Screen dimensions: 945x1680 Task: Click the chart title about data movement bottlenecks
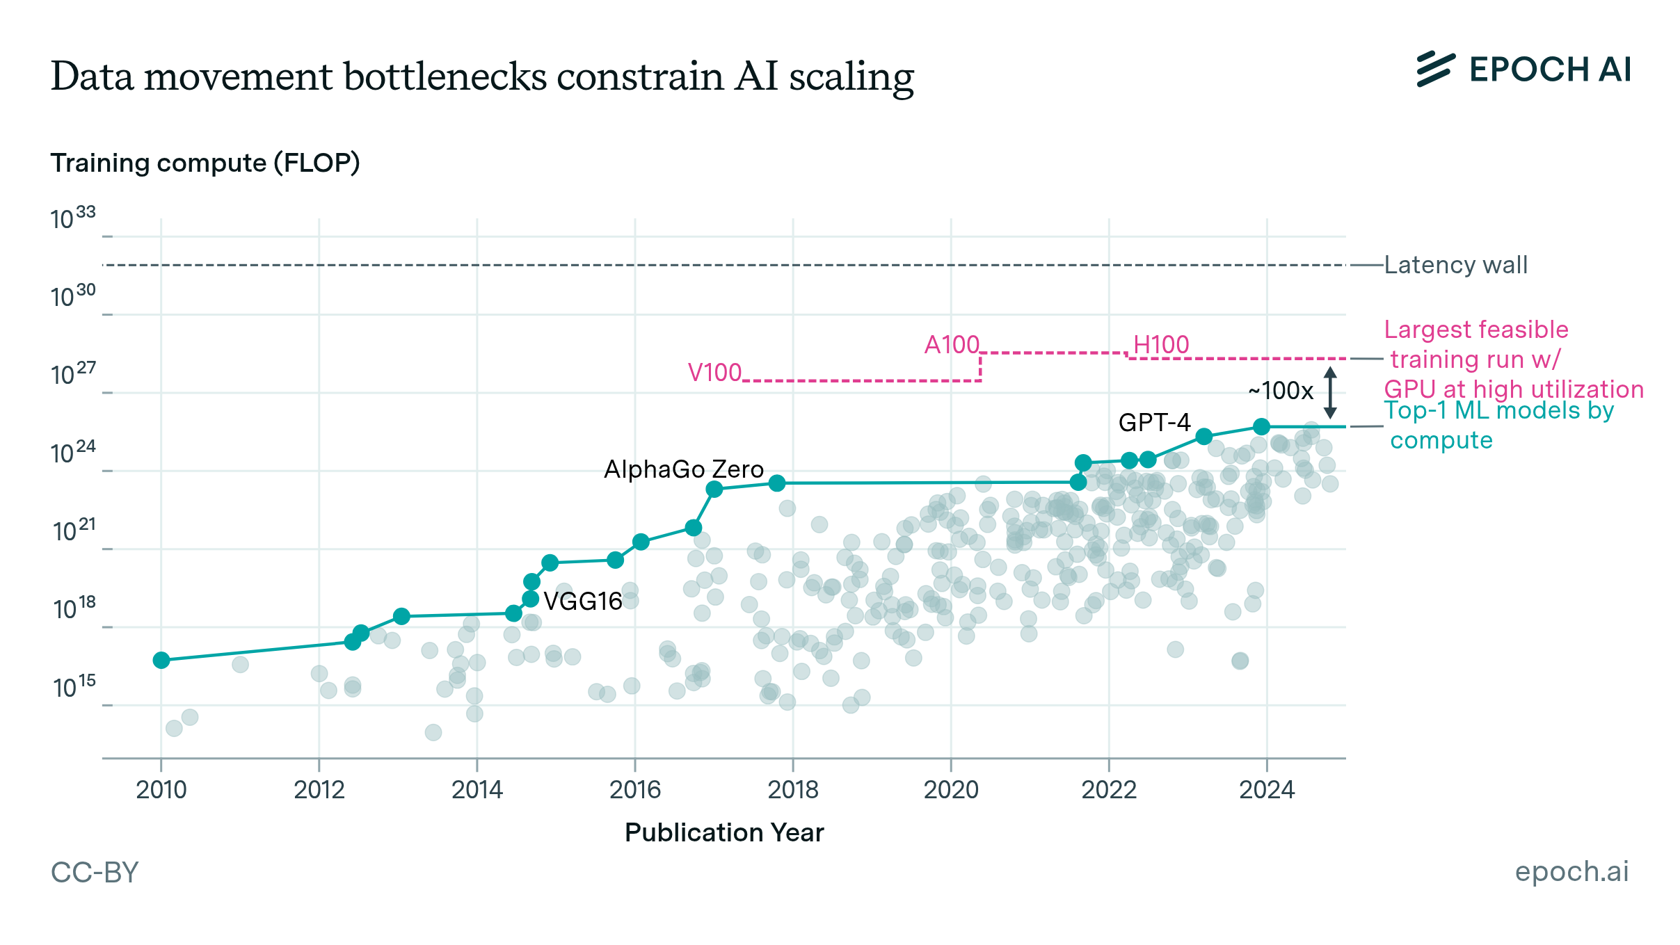pyautogui.click(x=481, y=76)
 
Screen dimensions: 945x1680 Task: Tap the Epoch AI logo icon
pyautogui.click(x=1435, y=70)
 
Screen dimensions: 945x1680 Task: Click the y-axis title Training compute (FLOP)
pyautogui.click(x=205, y=163)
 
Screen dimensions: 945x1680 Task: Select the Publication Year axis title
pyautogui.click(x=723, y=832)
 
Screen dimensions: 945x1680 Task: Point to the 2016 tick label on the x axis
pyautogui.click(x=634, y=790)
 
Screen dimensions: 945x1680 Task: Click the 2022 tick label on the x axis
pyautogui.click(x=1108, y=790)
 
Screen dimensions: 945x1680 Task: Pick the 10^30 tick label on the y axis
pyautogui.click(x=73, y=296)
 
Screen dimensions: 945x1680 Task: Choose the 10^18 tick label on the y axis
pyautogui.click(x=74, y=608)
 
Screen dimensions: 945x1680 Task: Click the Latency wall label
pyautogui.click(x=1455, y=265)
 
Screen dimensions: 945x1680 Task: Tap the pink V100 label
pyautogui.click(x=714, y=373)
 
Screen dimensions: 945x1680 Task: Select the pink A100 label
pyautogui.click(x=951, y=345)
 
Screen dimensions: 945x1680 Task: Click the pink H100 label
pyautogui.click(x=1161, y=345)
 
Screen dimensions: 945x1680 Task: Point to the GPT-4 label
pyautogui.click(x=1154, y=422)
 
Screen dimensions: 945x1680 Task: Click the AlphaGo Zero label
pyautogui.click(x=683, y=469)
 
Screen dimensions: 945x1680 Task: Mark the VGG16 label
pyautogui.click(x=582, y=601)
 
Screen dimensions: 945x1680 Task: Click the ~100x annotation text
pyautogui.click(x=1280, y=391)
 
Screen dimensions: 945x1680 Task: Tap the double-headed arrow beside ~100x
pyautogui.click(x=1330, y=393)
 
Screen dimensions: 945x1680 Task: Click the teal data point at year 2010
pyautogui.click(x=161, y=660)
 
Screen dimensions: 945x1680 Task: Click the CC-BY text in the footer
pyautogui.click(x=95, y=872)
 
